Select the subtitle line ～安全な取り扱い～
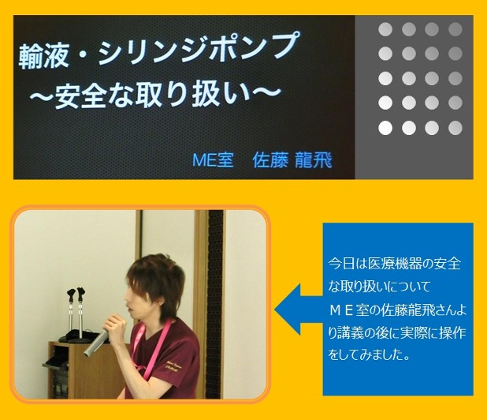(155, 95)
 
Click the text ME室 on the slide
(213, 160)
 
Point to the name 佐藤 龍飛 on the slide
(292, 160)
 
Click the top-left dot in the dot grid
(385, 29)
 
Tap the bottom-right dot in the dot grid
(455, 128)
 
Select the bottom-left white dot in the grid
(385, 128)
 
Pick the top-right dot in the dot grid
(455, 29)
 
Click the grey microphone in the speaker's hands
(96, 343)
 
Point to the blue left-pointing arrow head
(288, 309)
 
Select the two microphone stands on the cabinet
(76, 314)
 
